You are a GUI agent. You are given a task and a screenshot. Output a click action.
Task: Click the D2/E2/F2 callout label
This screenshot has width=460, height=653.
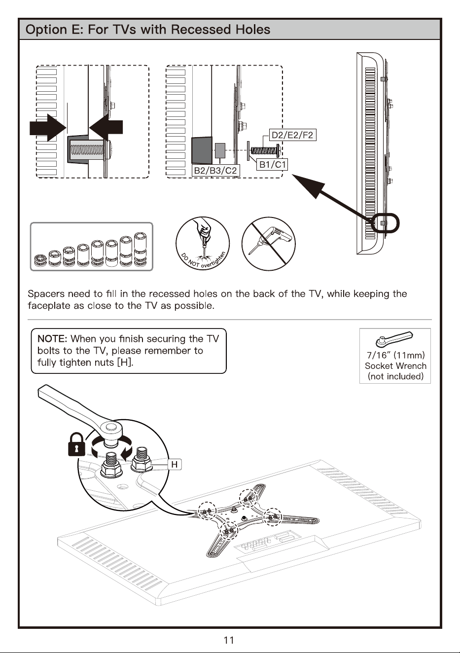[292, 135]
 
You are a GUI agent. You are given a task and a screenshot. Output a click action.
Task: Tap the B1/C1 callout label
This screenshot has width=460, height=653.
[273, 165]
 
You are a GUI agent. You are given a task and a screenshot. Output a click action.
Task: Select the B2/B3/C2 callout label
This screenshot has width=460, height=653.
[215, 171]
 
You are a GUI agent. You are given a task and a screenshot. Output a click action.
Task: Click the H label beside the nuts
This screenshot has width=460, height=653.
[175, 464]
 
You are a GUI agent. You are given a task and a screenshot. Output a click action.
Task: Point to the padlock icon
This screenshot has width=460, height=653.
[77, 444]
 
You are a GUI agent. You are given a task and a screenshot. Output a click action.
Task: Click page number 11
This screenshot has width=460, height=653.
[229, 640]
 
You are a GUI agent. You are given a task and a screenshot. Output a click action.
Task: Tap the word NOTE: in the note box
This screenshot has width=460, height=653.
[52, 339]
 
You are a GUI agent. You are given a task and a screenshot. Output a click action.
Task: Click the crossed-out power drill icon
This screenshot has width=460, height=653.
[268, 244]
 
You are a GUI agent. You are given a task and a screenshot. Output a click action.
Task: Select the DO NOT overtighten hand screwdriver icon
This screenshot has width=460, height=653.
[203, 244]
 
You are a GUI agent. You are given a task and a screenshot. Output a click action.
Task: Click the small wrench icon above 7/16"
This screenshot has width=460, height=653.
[394, 339]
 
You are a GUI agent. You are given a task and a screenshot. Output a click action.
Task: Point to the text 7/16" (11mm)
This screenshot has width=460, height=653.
[395, 355]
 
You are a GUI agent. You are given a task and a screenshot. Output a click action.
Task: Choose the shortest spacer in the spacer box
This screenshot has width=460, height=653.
[39, 260]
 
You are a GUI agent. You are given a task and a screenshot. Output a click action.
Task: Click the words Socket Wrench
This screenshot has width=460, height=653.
[395, 366]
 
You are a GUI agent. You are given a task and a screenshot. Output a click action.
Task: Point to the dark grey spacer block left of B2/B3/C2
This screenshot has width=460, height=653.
[202, 150]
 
